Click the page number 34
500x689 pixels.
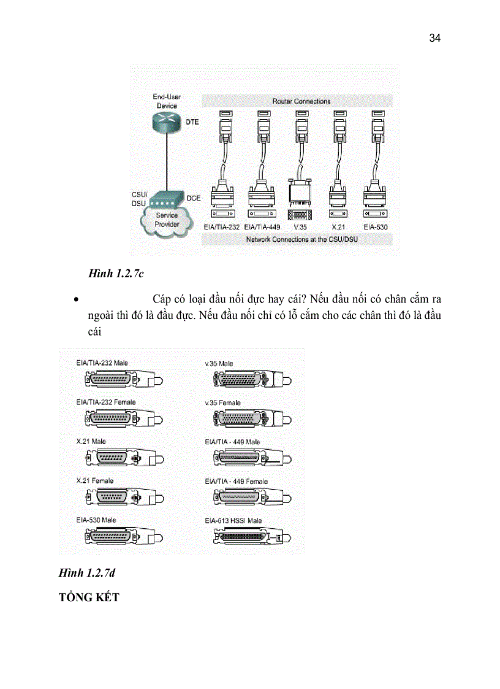(434, 38)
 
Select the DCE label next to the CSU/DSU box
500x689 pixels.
(193, 198)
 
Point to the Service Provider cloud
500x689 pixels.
(167, 220)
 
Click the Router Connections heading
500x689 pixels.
(301, 101)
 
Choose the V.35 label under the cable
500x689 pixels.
(300, 227)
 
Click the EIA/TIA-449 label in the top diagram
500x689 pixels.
(262, 227)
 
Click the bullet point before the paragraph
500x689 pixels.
(75, 301)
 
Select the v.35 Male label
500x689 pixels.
(219, 364)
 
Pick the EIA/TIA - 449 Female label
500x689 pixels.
(236, 482)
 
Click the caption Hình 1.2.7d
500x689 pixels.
(87, 573)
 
